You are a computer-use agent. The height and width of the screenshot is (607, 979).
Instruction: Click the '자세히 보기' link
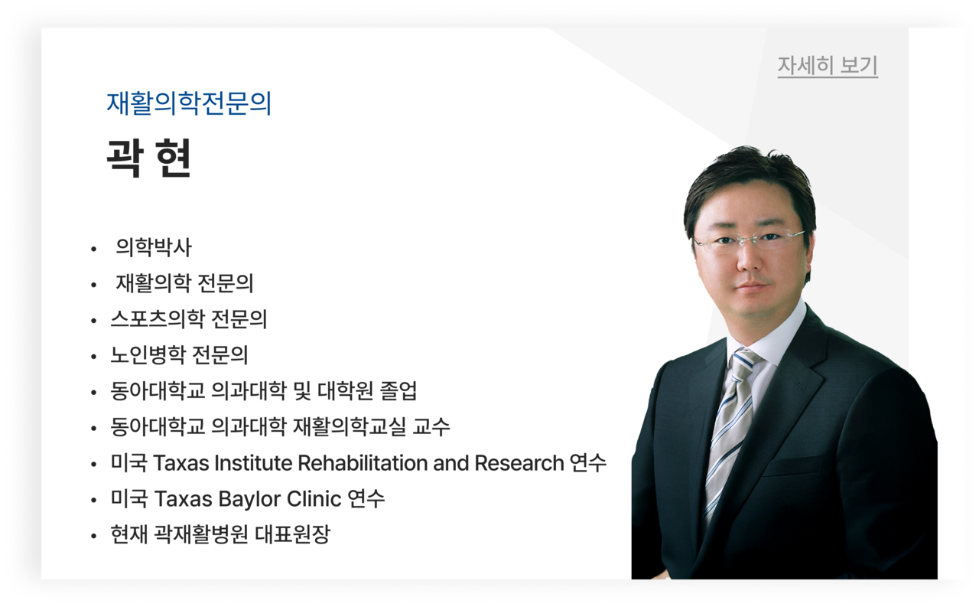pos(828,66)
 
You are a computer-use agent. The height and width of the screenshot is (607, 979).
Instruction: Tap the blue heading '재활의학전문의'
pos(189,103)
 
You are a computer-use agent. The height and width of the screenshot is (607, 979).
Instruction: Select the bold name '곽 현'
pos(148,158)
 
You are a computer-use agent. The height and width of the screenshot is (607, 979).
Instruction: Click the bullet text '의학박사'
pos(154,247)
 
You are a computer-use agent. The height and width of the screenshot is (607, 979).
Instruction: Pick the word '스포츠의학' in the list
pos(158,318)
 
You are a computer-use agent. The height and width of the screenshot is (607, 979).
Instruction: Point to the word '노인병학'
pos(148,354)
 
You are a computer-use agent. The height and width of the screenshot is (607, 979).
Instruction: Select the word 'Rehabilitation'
pos(363,462)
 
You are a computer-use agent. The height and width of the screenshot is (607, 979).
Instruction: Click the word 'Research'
pos(519,462)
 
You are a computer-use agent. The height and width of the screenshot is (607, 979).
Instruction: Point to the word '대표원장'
pos(292,534)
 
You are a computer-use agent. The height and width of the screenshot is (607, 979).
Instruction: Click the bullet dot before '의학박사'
pos(93,250)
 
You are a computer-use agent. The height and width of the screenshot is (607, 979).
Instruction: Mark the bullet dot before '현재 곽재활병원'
pos(93,536)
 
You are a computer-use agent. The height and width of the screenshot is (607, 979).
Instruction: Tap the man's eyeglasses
pos(748,241)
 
